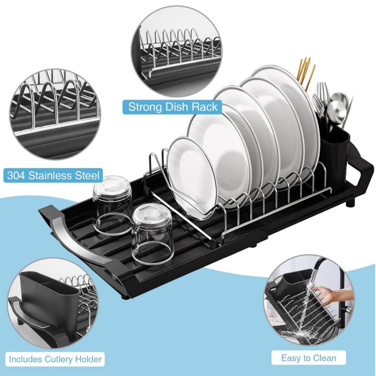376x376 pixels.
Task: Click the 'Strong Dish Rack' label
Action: click(x=173, y=107)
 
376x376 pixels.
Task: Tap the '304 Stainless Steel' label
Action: click(x=53, y=175)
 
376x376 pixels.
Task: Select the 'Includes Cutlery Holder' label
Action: click(x=55, y=359)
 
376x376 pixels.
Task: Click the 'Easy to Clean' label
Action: click(x=308, y=358)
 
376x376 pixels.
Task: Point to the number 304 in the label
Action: click(x=18, y=175)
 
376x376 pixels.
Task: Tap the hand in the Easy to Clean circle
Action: click(x=329, y=294)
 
